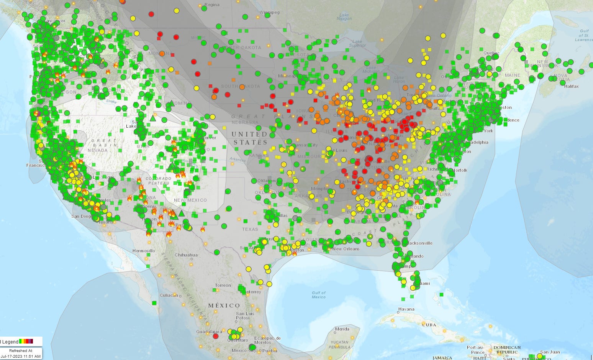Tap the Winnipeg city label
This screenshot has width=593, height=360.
pos(270,12)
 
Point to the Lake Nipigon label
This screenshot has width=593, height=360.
pos(344,16)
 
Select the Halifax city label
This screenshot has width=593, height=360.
pos(571,86)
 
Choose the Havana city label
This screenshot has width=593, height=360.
pos(406,309)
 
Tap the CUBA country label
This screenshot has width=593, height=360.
pos(429,325)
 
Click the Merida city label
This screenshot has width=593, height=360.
pos(342,329)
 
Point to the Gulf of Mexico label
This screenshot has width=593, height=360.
pos(318,294)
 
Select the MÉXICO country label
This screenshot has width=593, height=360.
pos(224,306)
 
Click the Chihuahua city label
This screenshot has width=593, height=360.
pos(186,255)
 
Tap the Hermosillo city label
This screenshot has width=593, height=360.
pos(144,251)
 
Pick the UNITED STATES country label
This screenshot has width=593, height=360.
pos(249,138)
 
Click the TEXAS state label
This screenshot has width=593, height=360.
pos(250,229)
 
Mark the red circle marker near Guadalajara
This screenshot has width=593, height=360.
pos(216,336)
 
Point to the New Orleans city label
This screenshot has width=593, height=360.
pos(346,249)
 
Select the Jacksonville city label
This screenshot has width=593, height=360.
pos(420,243)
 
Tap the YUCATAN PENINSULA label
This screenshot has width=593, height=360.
pos(339,345)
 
